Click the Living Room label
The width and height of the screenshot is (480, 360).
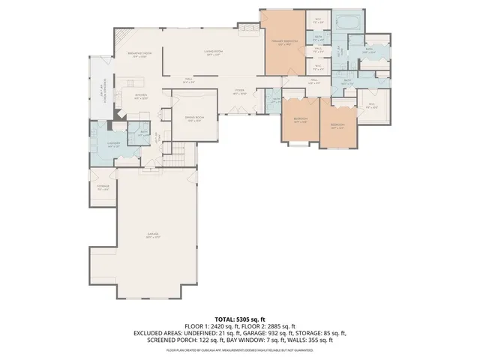click(215, 53)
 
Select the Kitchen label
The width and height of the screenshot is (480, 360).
click(141, 95)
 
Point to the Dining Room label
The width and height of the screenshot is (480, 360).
click(194, 120)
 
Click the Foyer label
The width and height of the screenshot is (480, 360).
click(239, 92)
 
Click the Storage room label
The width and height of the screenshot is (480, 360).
click(103, 187)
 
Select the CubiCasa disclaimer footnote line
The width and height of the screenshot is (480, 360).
click(239, 349)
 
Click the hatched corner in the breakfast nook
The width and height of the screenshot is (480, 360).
click(124, 37)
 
